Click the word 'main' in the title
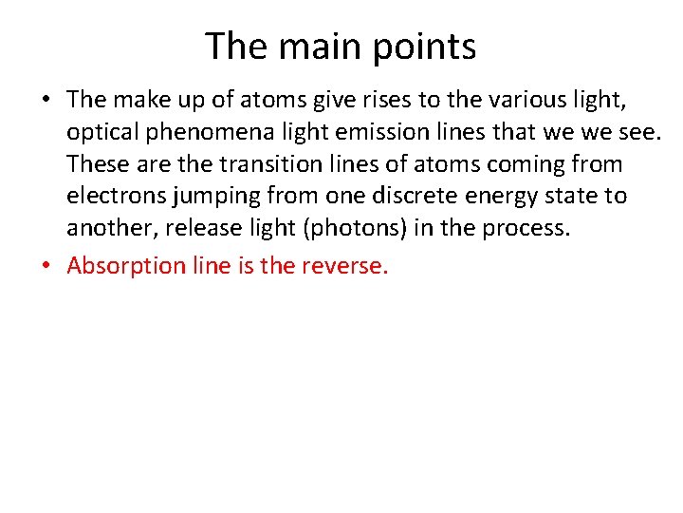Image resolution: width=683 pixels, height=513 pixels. pos(309,46)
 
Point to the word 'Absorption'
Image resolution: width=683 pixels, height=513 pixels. pos(126,265)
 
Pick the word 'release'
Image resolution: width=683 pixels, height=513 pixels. pos(202,228)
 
